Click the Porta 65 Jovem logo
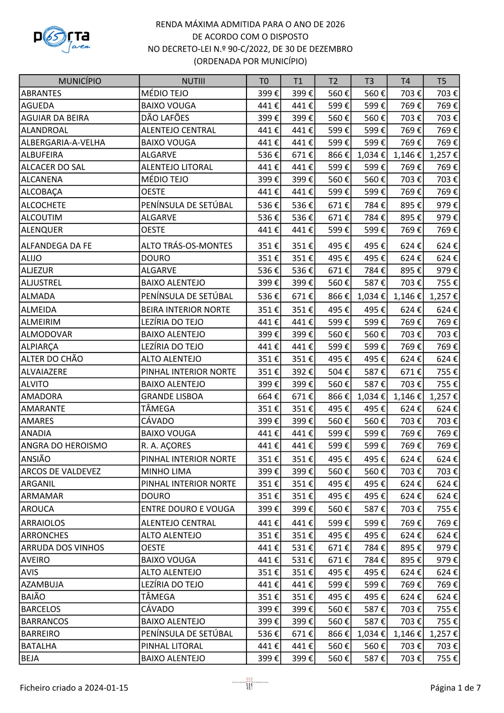coord(62,39)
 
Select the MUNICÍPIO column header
coord(80,81)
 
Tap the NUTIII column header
coord(193,81)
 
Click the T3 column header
coord(369,81)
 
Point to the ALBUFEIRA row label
coord(42,155)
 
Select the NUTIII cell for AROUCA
coord(187,509)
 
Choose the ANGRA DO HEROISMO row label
coord(64,446)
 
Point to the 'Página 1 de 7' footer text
coord(455,688)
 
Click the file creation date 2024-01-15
coord(106,688)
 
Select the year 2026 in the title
coord(335,24)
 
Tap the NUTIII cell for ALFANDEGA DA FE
coord(186,246)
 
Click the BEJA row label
coord(30,658)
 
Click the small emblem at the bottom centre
coord(249,684)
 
